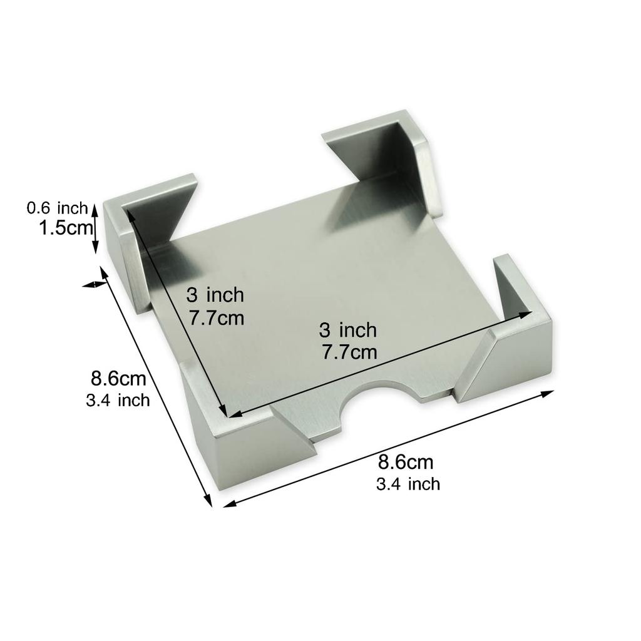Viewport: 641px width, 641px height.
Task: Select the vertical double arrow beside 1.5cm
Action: pyautogui.click(x=95, y=227)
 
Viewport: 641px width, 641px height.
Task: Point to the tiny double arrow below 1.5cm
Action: pyautogui.click(x=94, y=284)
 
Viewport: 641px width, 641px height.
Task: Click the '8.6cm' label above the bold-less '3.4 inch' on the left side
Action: pyautogui.click(x=118, y=379)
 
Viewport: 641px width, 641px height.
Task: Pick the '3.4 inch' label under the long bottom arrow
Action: pyautogui.click(x=408, y=484)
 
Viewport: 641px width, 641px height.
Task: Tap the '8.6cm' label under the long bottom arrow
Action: pyautogui.click(x=406, y=463)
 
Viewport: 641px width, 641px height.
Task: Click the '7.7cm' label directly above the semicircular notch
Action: pyautogui.click(x=350, y=352)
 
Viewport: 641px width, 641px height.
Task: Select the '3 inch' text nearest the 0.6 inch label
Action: pyautogui.click(x=215, y=294)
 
